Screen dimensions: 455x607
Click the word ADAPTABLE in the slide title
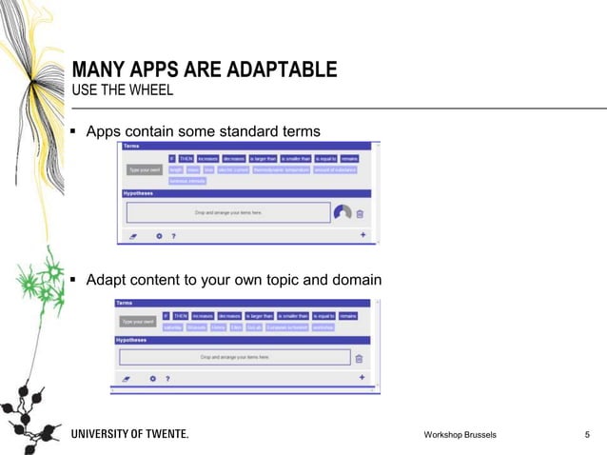pos(284,69)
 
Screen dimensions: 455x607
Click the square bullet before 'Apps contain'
pos(73,130)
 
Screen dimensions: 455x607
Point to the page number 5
pos(586,435)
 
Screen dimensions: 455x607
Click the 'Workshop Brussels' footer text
pos(460,435)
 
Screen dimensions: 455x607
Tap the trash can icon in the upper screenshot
pos(361,214)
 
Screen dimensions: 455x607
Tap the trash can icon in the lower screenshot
pos(359,359)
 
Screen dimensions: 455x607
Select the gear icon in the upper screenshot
pos(159,236)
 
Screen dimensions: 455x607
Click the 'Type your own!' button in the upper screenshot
pos(144,169)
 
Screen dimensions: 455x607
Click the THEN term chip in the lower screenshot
pos(180,315)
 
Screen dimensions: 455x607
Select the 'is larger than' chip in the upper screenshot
pos(264,158)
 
